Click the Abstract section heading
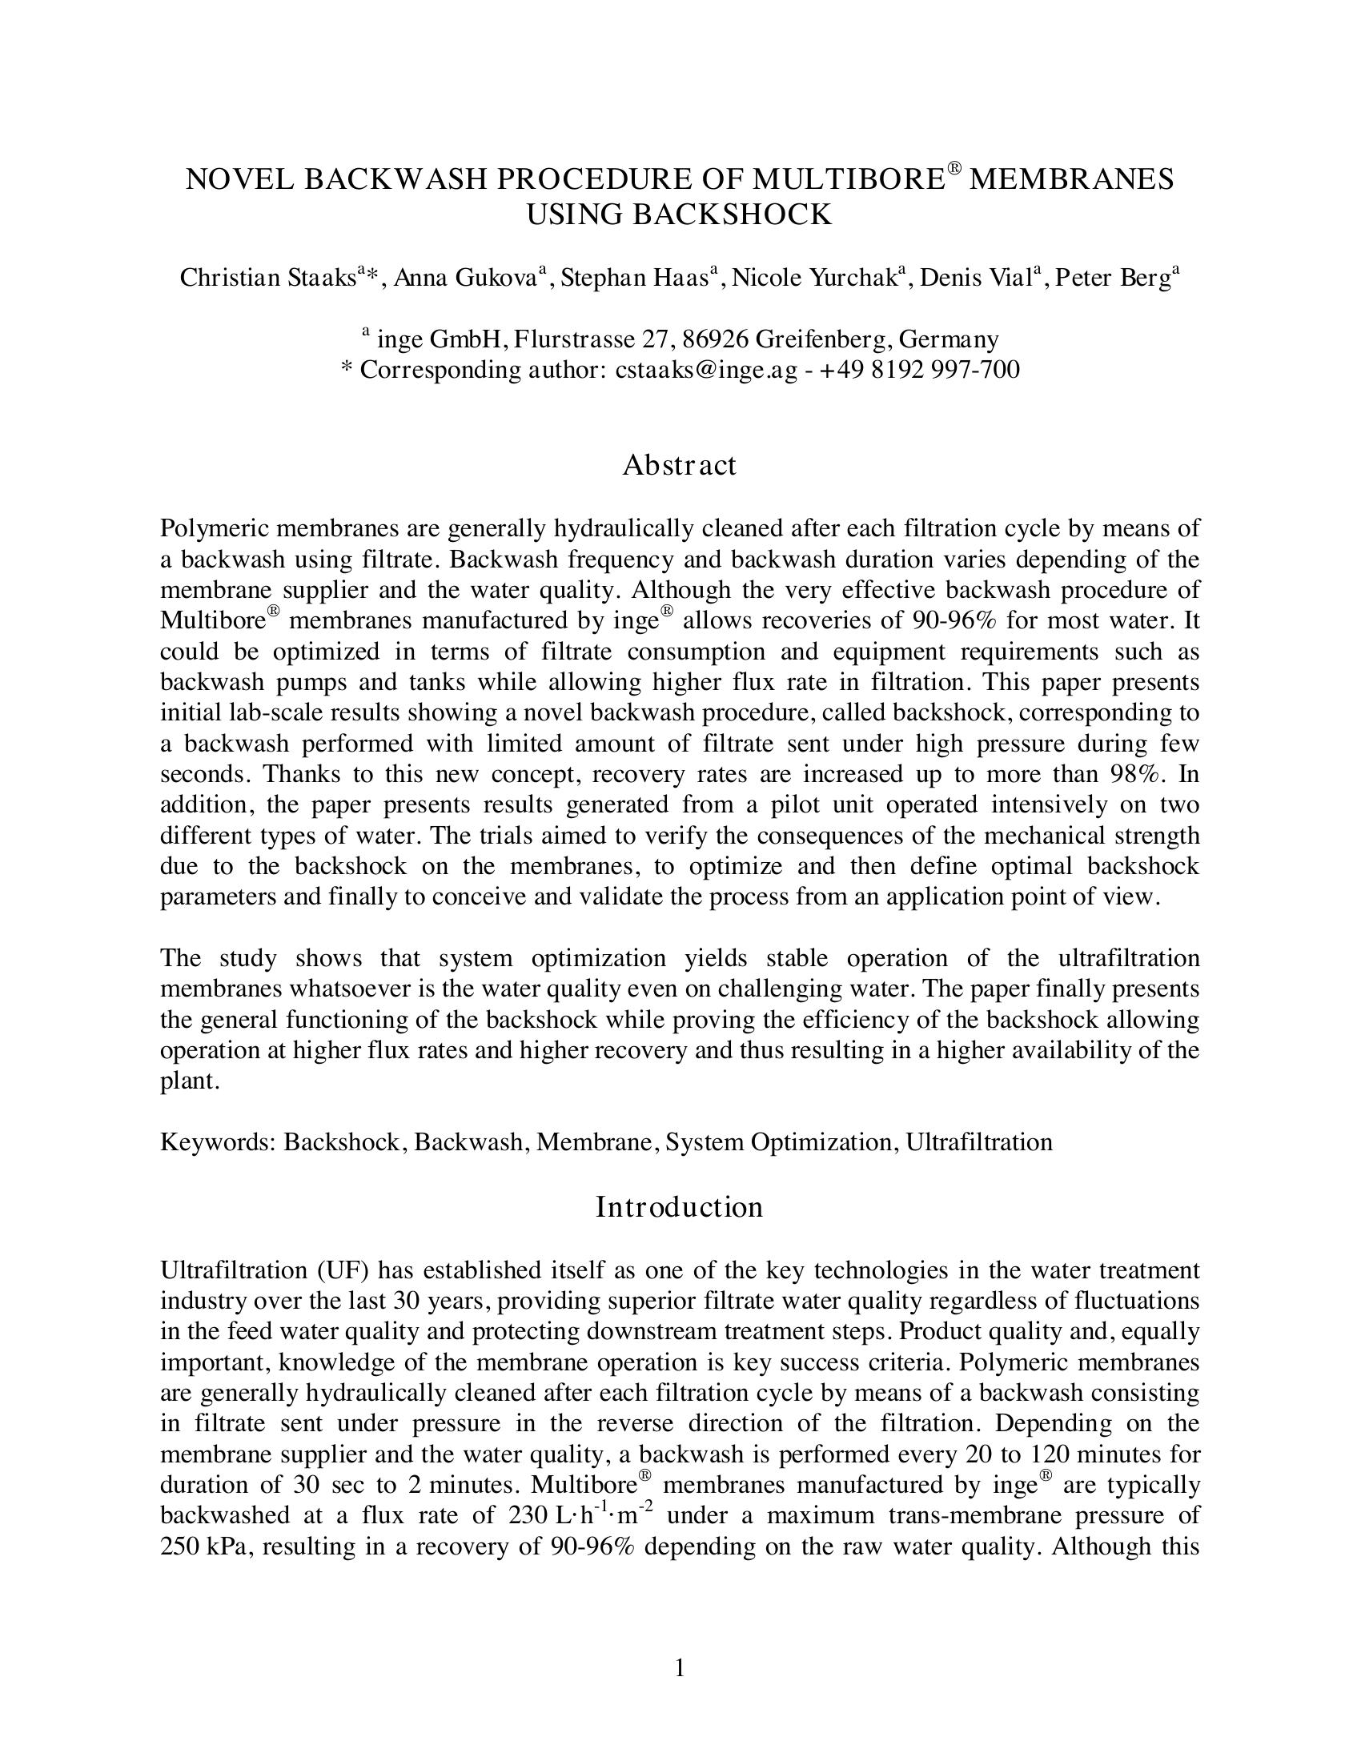tap(679, 465)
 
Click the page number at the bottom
tap(680, 1667)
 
